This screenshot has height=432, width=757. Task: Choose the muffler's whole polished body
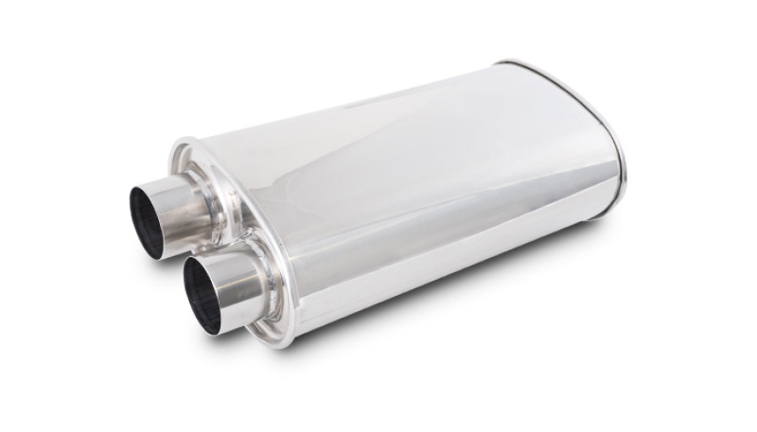click(x=407, y=189)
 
